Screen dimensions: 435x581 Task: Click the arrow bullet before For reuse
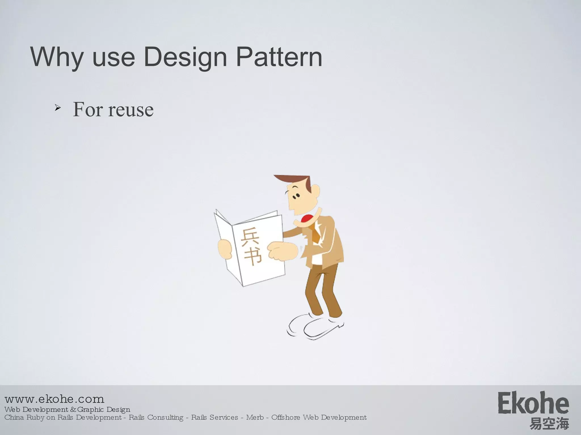click(x=57, y=108)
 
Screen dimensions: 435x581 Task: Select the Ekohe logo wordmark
click(x=533, y=403)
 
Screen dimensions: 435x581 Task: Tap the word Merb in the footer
click(x=255, y=417)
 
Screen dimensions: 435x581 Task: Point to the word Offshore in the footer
click(x=286, y=417)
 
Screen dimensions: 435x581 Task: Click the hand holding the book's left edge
click(x=225, y=249)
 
